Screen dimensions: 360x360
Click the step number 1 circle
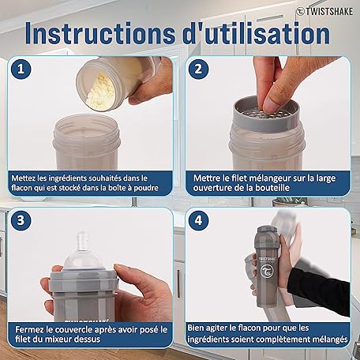point(21,69)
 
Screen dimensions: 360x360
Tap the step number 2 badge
point(198,69)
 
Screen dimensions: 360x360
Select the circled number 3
point(21,220)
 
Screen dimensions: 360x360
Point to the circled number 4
point(198,220)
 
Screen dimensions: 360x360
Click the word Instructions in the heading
point(100,34)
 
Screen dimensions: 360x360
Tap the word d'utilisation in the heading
point(256,34)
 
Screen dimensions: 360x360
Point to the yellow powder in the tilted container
point(101,90)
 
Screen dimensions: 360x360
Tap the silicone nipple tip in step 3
point(84,238)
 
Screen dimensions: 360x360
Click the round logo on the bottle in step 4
point(266,272)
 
